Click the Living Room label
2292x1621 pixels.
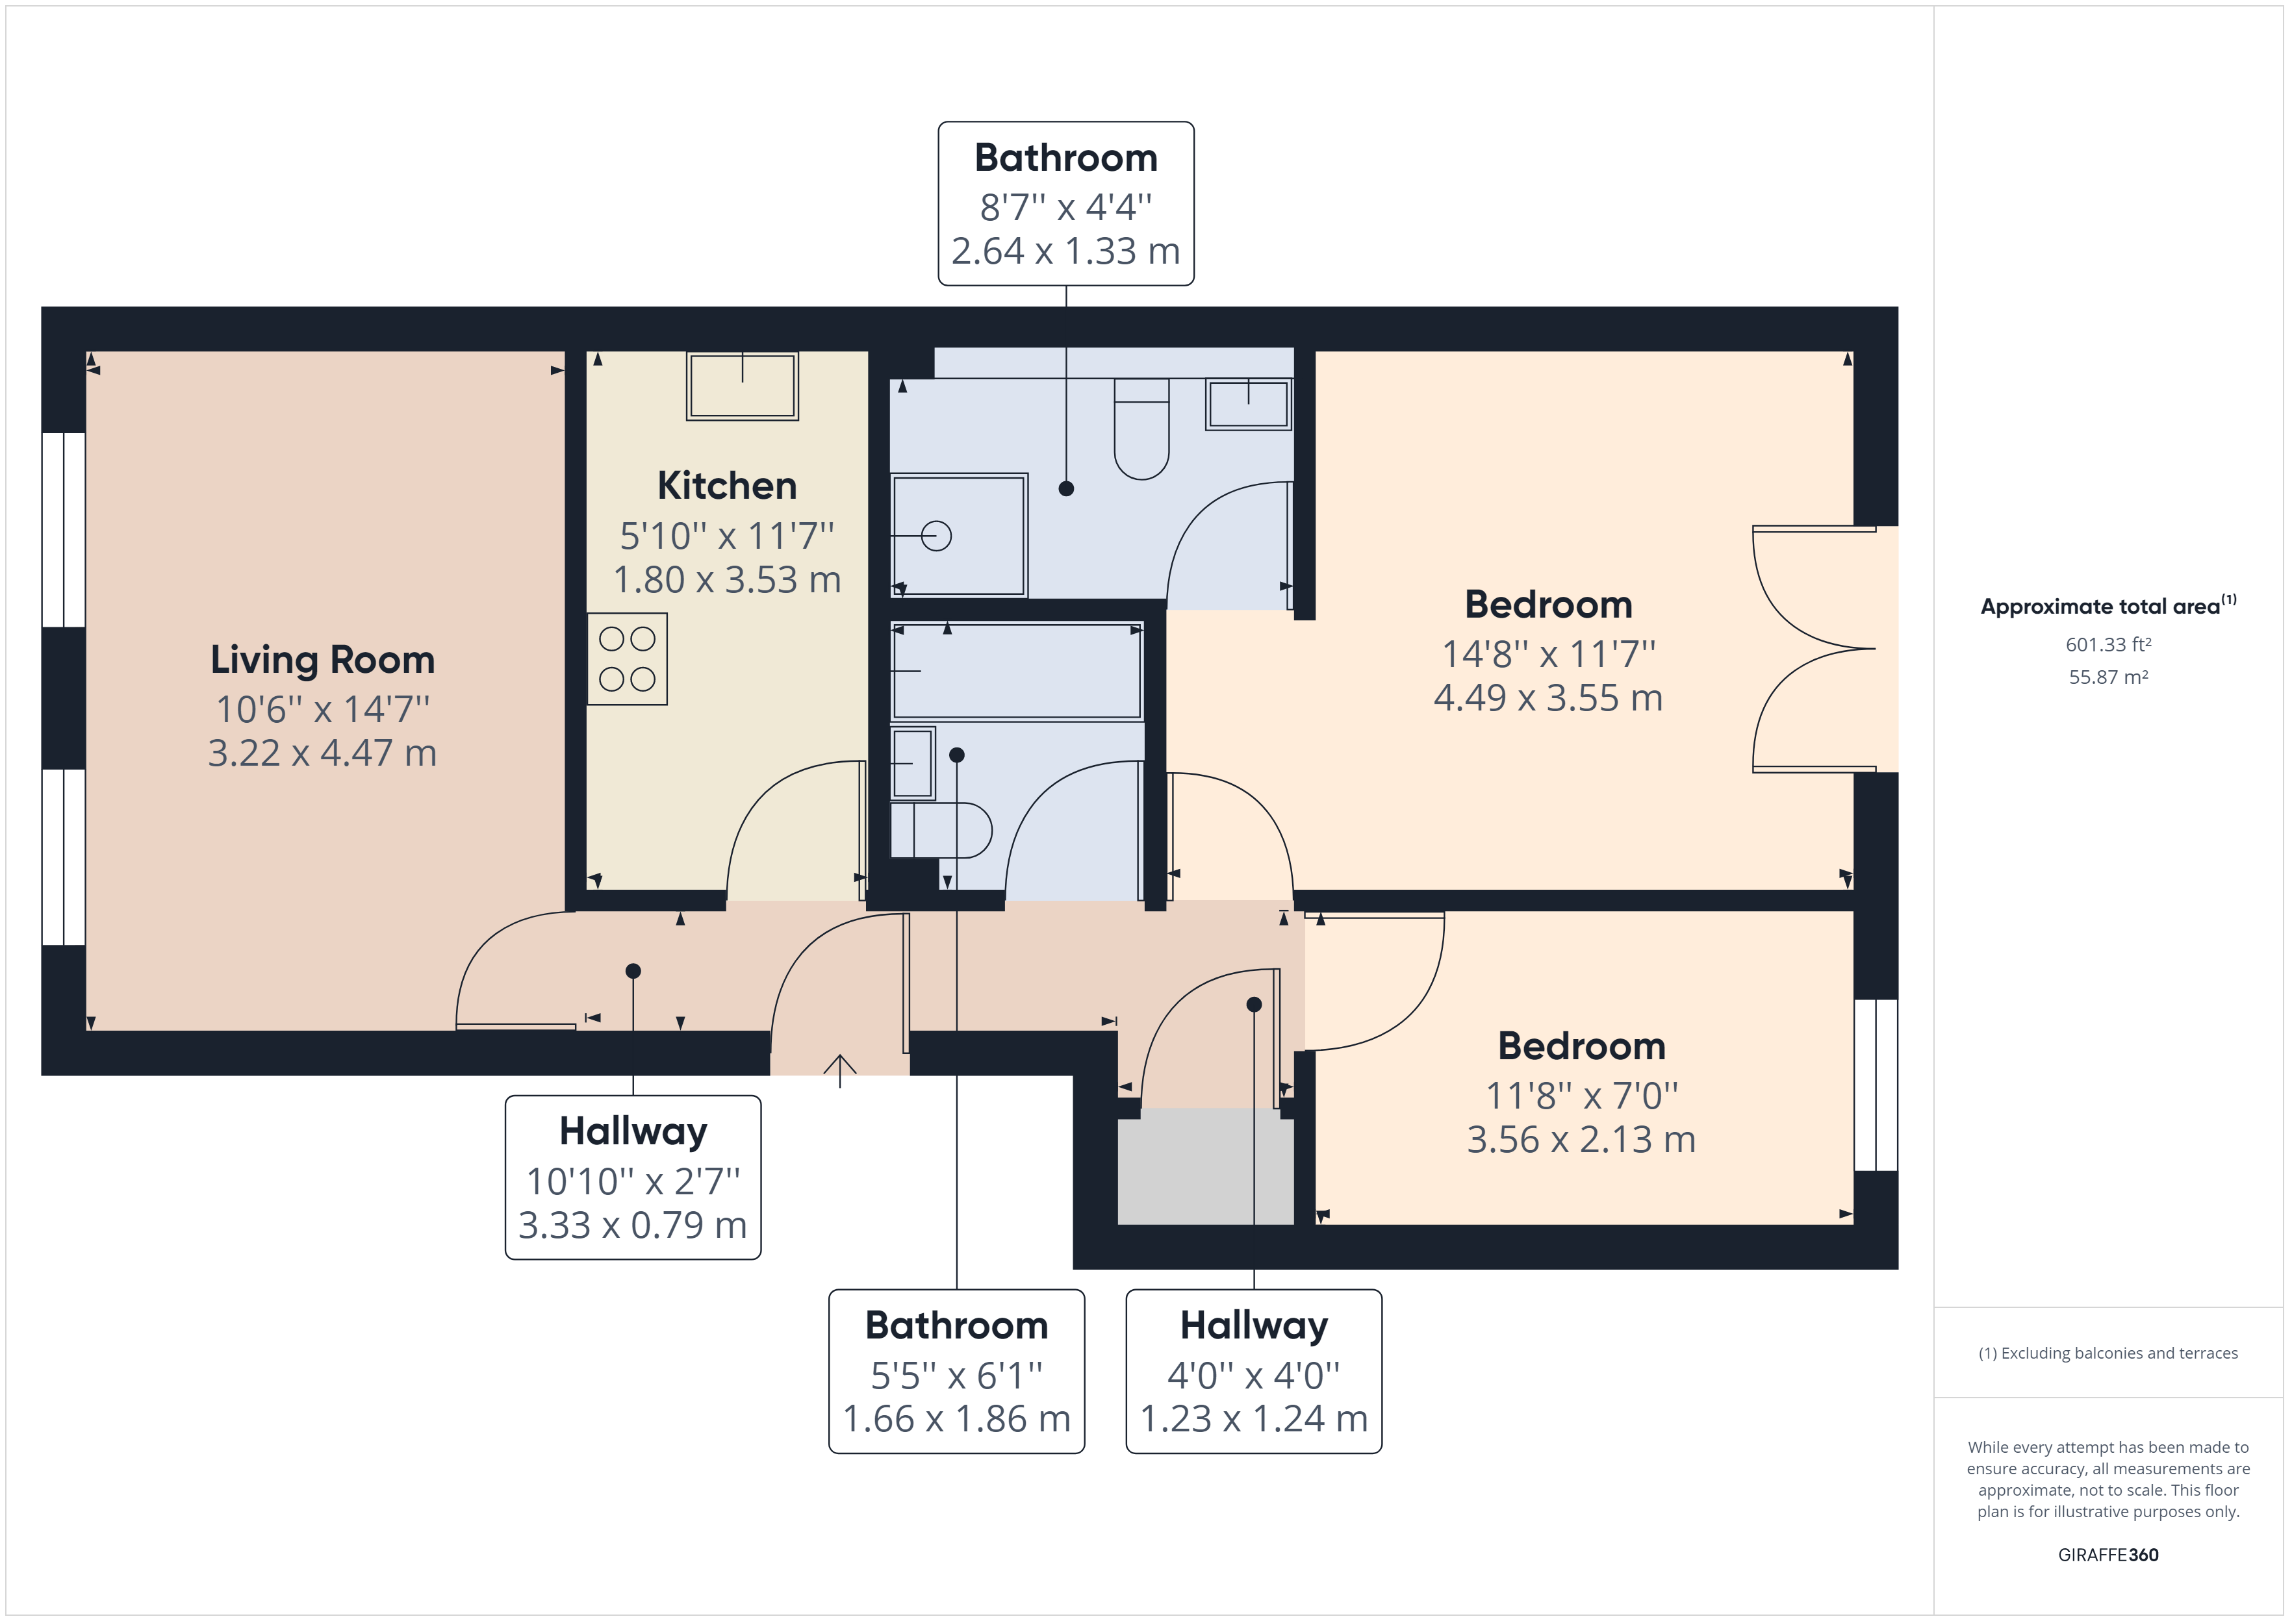pyautogui.click(x=322, y=660)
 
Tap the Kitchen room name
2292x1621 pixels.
pyautogui.click(x=727, y=486)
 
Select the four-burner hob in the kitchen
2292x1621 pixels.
pyautogui.click(x=627, y=659)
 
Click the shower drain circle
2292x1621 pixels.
pyautogui.click(x=936, y=536)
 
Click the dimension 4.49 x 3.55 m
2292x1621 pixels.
pyautogui.click(x=1548, y=697)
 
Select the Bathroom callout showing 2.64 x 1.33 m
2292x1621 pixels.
pyautogui.click(x=1065, y=204)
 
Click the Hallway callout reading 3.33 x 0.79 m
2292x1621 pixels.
pyautogui.click(x=633, y=1178)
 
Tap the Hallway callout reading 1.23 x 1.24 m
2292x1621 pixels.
pyautogui.click(x=1254, y=1372)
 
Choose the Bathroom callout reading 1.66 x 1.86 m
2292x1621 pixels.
pyautogui.click(x=956, y=1372)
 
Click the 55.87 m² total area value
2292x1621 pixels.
pyautogui.click(x=2108, y=677)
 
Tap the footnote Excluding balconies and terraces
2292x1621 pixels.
pyautogui.click(x=2108, y=1353)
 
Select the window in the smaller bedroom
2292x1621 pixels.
pyautogui.click(x=1876, y=1085)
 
